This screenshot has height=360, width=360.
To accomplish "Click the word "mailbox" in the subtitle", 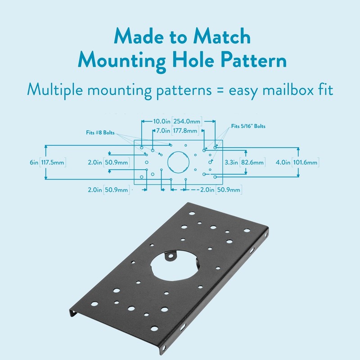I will point(280,89).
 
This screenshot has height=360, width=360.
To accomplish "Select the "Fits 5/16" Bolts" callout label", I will point(248,126).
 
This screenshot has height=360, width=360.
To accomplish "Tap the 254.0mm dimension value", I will point(187,121).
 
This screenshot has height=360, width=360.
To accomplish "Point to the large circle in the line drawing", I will point(176,162).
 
